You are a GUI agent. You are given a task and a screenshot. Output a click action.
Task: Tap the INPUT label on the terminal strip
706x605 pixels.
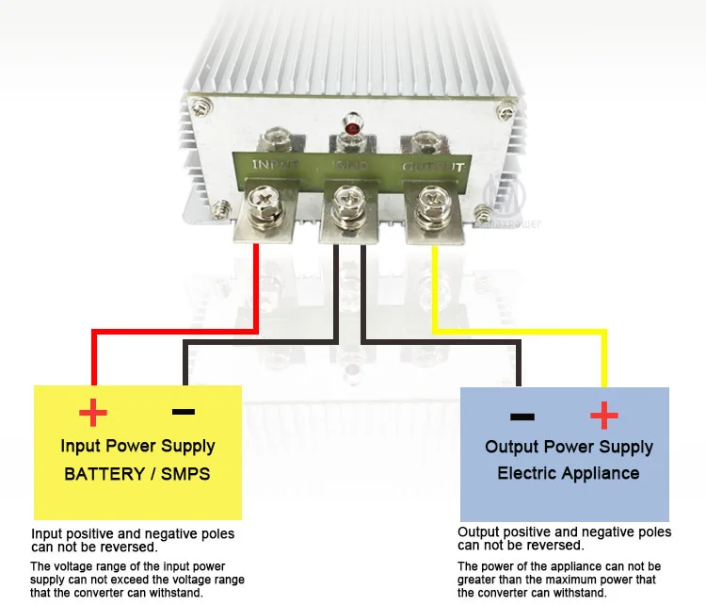275,165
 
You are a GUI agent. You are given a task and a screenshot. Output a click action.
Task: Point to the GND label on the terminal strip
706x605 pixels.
352,166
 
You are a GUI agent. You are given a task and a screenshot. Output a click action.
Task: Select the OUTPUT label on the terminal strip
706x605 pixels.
433,167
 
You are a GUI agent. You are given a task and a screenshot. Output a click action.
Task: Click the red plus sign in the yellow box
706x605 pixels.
92,412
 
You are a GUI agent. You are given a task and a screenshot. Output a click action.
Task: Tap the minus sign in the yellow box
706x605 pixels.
184,412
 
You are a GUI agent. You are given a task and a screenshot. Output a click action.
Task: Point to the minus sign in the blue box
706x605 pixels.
521,416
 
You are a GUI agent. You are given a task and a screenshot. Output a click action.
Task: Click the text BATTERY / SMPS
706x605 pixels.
137,473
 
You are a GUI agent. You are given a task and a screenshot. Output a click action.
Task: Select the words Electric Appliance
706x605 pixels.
568,473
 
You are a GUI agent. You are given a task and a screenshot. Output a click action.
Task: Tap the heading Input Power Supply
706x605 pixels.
137,446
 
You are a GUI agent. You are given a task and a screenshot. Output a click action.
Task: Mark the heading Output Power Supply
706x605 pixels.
569,446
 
